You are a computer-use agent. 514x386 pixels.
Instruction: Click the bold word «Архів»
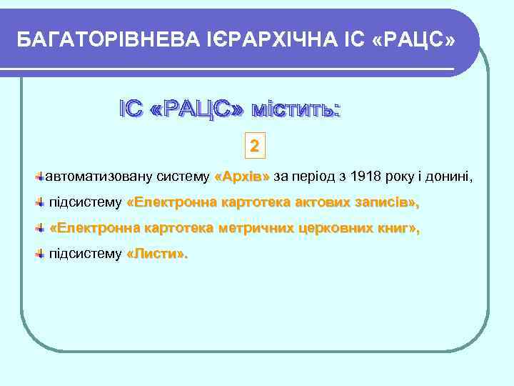(x=242, y=176)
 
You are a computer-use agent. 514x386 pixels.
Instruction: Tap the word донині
(x=451, y=176)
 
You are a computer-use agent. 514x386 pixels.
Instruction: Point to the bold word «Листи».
(x=157, y=254)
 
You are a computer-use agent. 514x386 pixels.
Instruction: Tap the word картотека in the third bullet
(x=178, y=229)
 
